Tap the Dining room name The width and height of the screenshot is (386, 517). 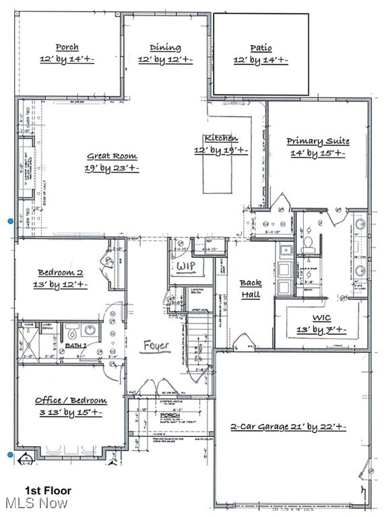click(x=165, y=48)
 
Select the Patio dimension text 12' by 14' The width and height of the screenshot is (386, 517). click(x=261, y=61)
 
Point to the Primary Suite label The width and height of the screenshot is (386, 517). click(x=317, y=141)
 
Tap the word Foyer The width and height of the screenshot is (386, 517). click(x=156, y=346)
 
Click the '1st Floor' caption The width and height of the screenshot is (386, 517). click(x=48, y=491)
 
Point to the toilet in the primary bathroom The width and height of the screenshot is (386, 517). click(x=309, y=243)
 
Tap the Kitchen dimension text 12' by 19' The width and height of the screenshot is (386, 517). click(x=221, y=151)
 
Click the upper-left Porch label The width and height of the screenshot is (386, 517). click(x=67, y=47)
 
